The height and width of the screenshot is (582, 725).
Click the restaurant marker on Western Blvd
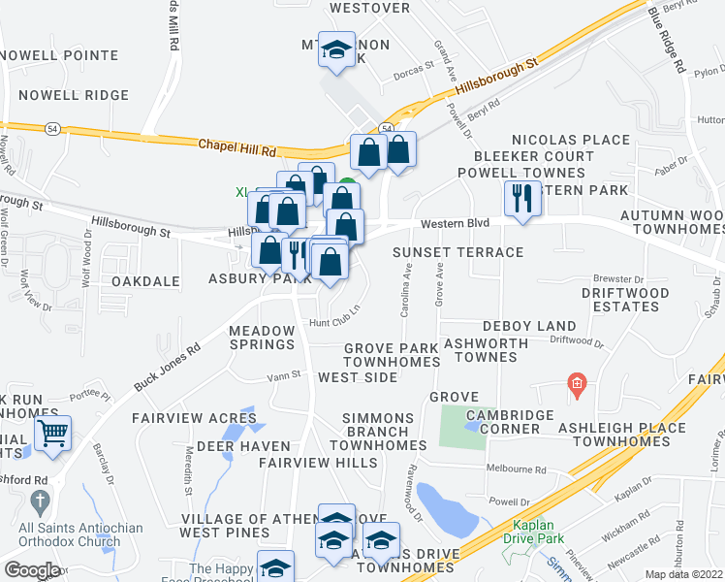[x=521, y=199]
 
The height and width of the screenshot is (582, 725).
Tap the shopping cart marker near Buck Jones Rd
[x=53, y=434]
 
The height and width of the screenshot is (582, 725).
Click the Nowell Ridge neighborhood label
[x=73, y=95]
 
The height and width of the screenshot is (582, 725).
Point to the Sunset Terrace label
[x=457, y=252]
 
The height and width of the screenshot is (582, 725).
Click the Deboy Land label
[x=529, y=326]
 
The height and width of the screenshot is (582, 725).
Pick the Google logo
[x=31, y=569]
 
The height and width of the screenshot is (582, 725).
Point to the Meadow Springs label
[x=261, y=338]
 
